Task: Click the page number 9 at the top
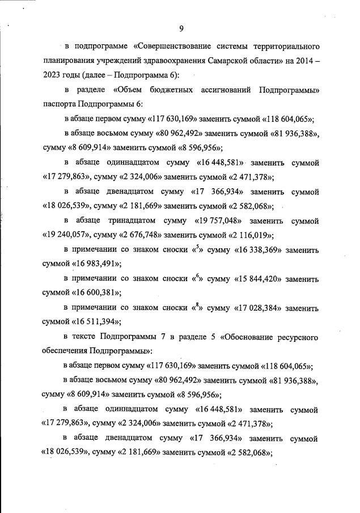tap(181, 29)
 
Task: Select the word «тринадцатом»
tap(136, 221)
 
